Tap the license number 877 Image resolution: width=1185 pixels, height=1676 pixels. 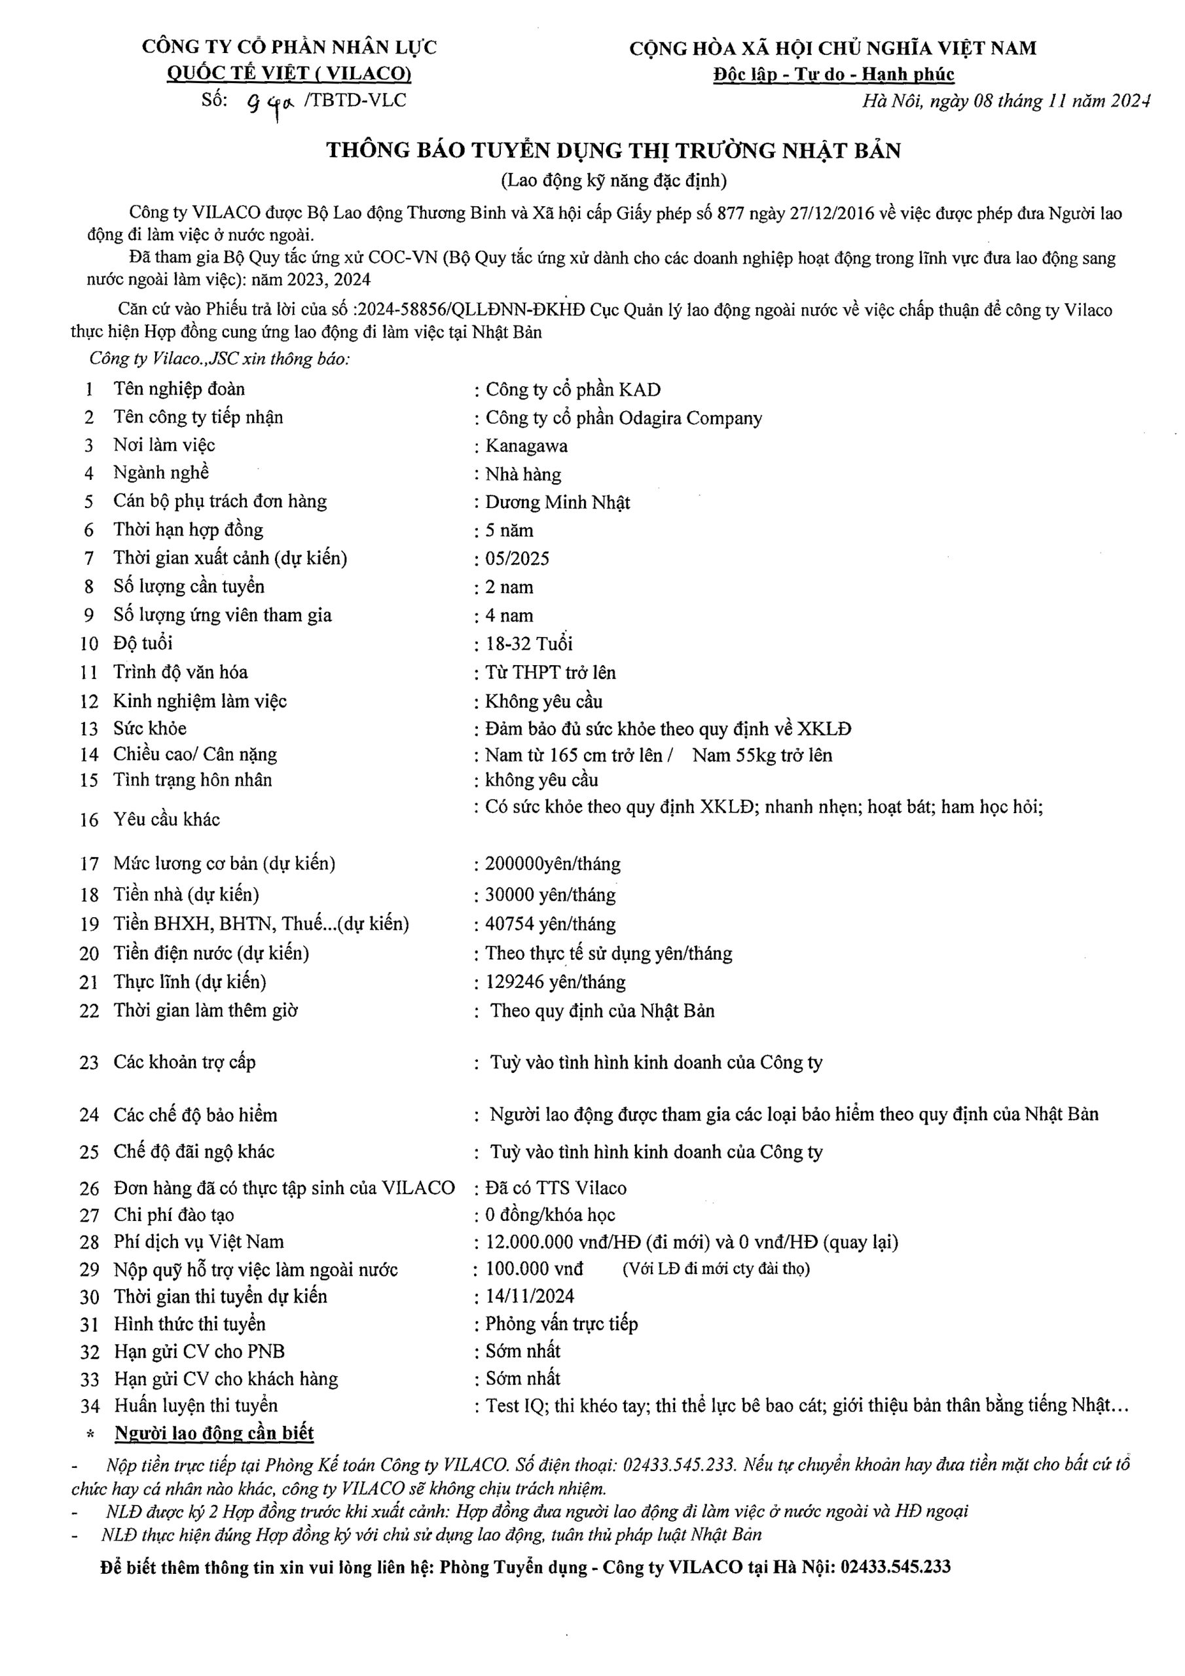[x=731, y=213]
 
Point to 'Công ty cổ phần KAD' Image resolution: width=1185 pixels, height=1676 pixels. [x=572, y=389]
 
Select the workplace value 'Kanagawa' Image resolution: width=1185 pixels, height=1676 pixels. [x=526, y=445]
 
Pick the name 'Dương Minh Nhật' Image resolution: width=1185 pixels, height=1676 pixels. [x=557, y=502]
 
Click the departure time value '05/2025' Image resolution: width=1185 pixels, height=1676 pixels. [x=517, y=558]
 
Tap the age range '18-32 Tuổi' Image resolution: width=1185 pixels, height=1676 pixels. [x=528, y=643]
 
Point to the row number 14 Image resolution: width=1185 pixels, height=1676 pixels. [x=89, y=755]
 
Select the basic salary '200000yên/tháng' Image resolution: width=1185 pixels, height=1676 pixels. [x=553, y=864]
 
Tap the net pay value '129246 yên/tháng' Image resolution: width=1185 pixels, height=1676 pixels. [x=555, y=982]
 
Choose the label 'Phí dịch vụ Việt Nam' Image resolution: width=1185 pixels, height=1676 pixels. [x=198, y=1242]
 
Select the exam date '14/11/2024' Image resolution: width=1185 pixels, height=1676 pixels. [x=530, y=1296]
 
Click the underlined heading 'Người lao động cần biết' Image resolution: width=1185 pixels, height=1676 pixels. [x=214, y=1433]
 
